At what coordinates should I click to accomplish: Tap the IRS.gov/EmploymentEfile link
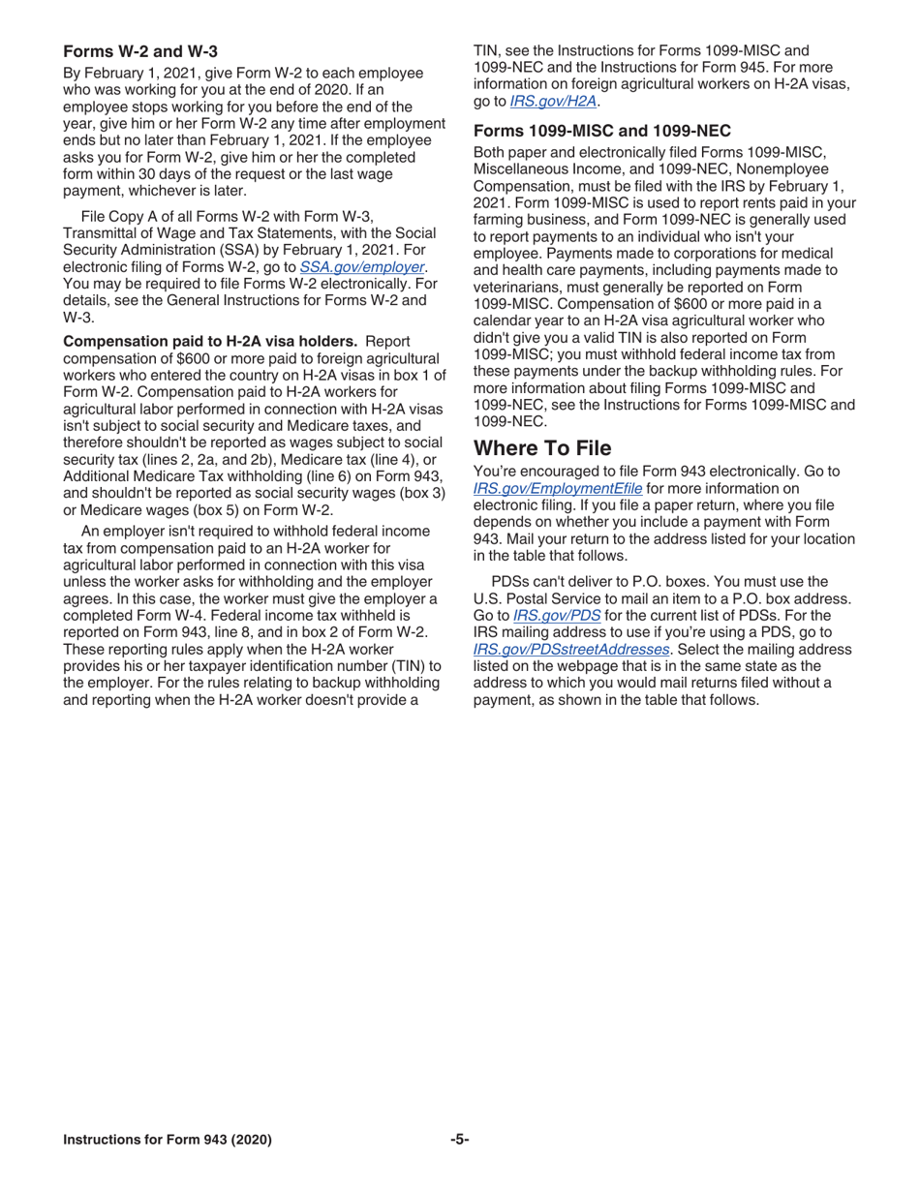pyautogui.click(x=557, y=488)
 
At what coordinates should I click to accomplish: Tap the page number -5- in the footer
pyautogui.click(x=459, y=1140)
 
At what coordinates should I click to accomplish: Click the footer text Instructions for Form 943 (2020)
pyautogui.click(x=167, y=1140)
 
